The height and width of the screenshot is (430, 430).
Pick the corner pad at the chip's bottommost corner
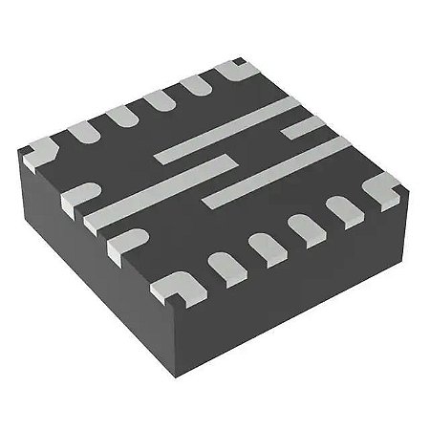179,284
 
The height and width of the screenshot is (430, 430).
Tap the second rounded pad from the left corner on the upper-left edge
120,114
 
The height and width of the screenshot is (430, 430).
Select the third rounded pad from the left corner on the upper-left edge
159,99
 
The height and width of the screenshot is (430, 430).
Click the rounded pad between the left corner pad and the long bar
80,191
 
